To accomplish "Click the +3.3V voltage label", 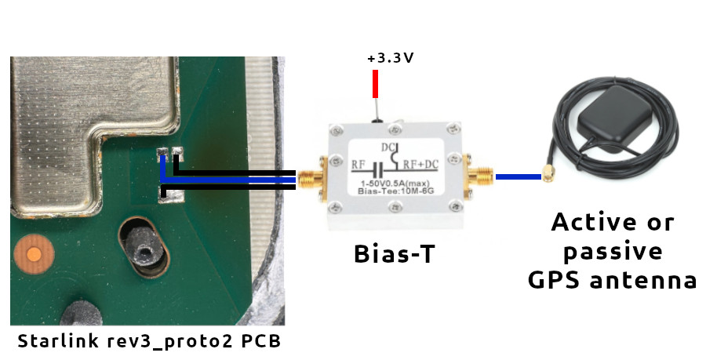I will (390, 58).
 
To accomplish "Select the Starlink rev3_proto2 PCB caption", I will (148, 342).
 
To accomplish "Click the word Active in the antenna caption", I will (591, 222).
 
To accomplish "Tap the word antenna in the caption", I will (648, 280).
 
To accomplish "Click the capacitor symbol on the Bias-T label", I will (377, 167).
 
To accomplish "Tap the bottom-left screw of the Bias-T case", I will (336, 208).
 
